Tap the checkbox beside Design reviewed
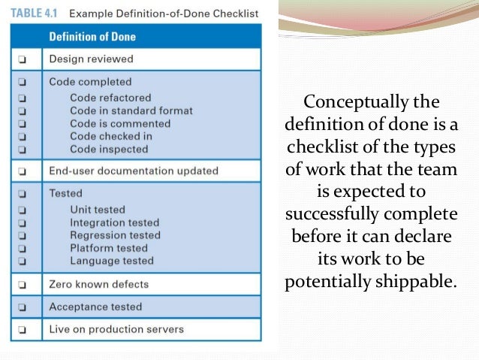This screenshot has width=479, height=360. click(x=23, y=59)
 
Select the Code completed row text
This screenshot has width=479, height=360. click(x=90, y=82)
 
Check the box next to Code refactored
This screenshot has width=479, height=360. click(x=23, y=98)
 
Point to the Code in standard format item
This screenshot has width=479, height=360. click(x=131, y=110)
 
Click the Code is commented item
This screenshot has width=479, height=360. click(x=119, y=123)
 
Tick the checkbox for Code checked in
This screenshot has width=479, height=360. click(x=23, y=136)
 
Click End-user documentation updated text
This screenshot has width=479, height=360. click(x=133, y=171)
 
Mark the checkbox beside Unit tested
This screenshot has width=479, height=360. click(x=23, y=210)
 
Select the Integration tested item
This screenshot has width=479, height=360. click(x=114, y=222)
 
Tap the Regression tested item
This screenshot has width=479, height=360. click(x=115, y=235)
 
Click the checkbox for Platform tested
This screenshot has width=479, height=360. click(x=23, y=248)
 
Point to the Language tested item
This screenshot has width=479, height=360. click(x=111, y=261)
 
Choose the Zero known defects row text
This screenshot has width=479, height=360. click(x=98, y=284)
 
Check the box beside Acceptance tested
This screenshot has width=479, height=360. click(x=23, y=307)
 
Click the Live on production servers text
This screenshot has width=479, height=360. click(x=116, y=329)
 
